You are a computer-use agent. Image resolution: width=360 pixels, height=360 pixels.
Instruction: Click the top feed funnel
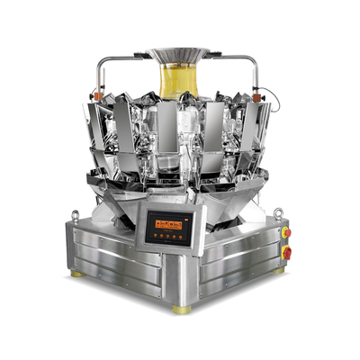tap(179, 56)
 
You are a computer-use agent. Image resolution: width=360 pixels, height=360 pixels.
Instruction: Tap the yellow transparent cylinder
tap(179, 80)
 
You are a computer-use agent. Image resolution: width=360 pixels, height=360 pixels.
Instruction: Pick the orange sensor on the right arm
tap(262, 91)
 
